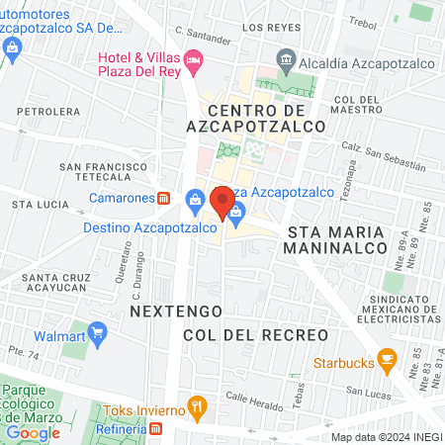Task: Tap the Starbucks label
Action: point(343,362)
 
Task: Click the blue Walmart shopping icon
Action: point(97,331)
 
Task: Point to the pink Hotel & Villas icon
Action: point(194,60)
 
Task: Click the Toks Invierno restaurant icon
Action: point(198,406)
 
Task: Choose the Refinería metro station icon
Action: point(157,429)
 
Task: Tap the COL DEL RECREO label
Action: point(255,335)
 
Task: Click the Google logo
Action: point(34,432)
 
